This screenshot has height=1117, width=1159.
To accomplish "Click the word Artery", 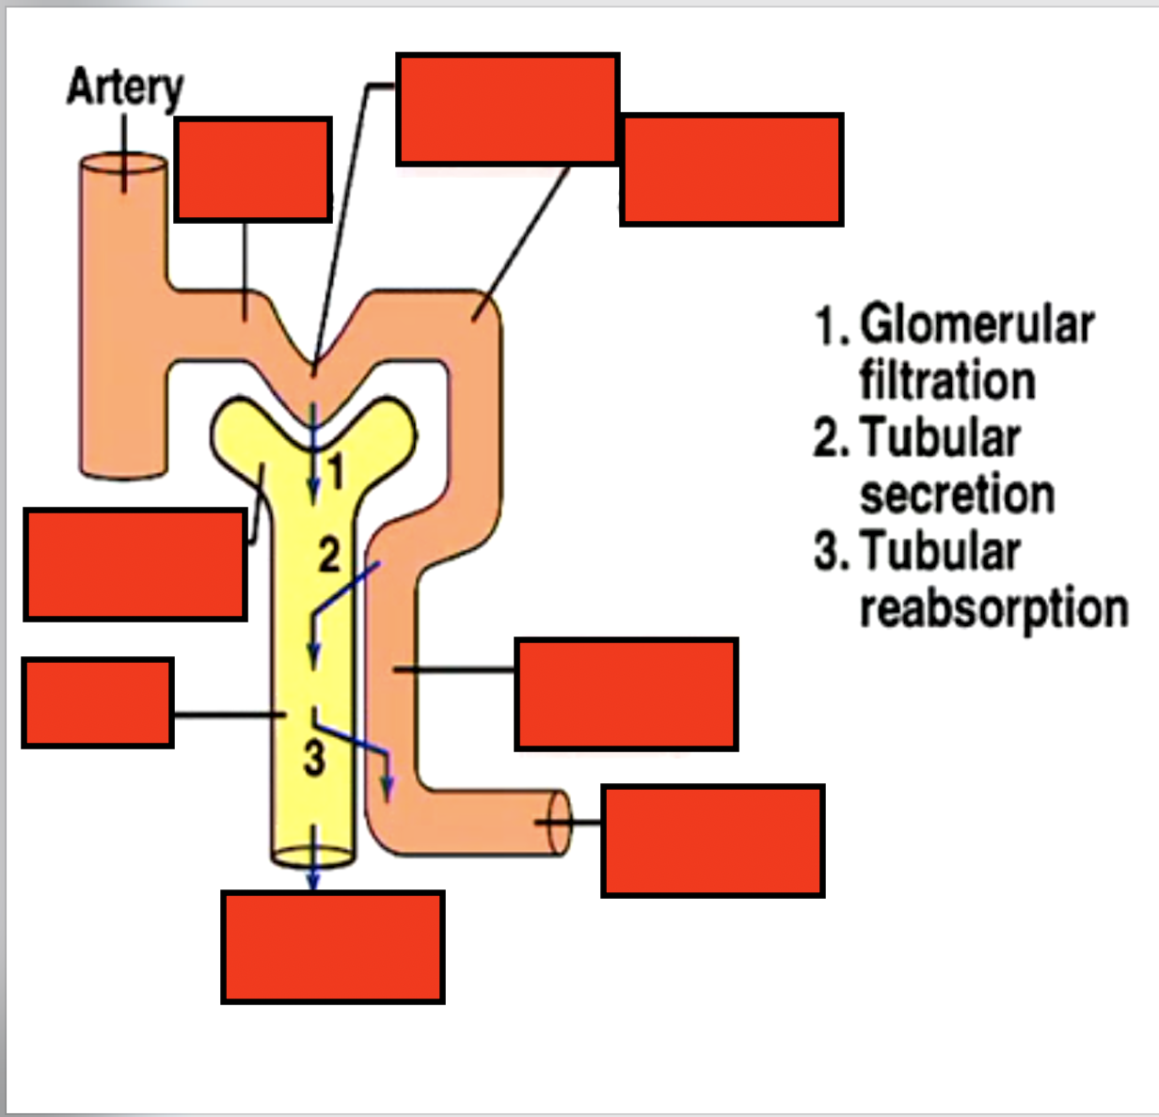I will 125,89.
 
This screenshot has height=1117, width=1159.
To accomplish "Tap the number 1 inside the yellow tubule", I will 336,471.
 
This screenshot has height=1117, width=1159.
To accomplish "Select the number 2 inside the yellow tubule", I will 328,555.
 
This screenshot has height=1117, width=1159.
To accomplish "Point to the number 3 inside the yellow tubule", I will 314,757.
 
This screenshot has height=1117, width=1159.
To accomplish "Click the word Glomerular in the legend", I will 976,325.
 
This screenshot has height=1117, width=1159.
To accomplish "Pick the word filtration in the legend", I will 947,381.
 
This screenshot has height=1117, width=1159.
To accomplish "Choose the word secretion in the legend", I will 957,495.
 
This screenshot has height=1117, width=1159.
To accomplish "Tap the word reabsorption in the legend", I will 993,608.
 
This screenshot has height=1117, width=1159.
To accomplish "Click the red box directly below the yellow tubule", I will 333,947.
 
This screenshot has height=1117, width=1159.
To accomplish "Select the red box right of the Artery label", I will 253,170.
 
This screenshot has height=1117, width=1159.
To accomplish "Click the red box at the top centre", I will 508,109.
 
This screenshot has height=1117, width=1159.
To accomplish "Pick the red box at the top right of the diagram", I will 731,170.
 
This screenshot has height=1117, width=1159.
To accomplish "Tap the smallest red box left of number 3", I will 98,703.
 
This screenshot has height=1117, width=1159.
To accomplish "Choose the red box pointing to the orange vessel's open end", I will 713,841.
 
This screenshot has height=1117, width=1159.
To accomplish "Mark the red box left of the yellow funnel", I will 135,564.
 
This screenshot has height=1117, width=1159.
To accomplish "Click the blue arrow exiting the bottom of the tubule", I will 313,874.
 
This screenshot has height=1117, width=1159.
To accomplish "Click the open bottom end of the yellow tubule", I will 313,856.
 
